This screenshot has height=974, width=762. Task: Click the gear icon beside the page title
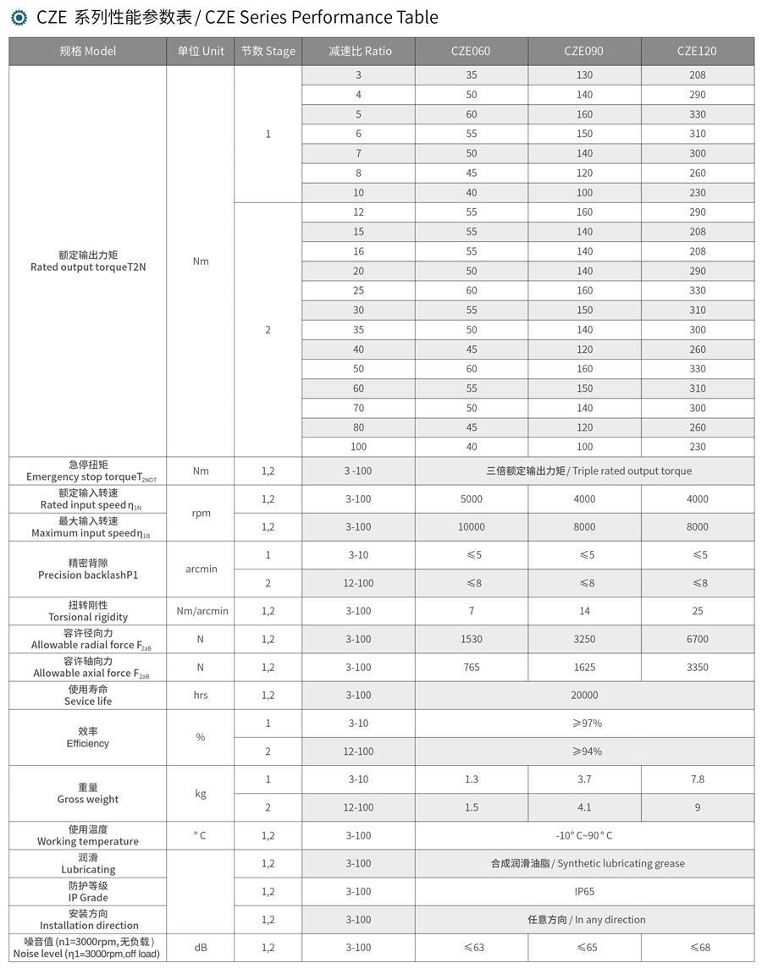19,17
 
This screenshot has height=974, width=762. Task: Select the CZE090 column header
584,51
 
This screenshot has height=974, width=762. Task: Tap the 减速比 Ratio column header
359,51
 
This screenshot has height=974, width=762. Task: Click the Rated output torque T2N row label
88,261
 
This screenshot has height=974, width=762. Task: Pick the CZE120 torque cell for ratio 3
697,75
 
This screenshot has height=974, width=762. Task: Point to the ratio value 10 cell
358,192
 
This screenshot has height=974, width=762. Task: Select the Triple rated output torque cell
584,470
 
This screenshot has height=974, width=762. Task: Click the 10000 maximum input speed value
472,526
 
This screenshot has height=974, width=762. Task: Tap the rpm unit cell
201,513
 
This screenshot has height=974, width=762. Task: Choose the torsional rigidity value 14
584,610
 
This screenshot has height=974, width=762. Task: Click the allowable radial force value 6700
697,639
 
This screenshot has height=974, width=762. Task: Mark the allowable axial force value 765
472,667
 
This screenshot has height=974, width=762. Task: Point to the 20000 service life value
584,695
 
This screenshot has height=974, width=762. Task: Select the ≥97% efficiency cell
584,723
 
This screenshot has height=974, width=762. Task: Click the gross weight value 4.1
584,807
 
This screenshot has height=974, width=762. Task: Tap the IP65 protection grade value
584,891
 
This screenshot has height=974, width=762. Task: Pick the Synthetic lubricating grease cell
584,863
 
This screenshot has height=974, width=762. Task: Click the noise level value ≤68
697,947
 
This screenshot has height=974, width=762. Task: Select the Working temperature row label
88,835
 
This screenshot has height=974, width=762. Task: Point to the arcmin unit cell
201,569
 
